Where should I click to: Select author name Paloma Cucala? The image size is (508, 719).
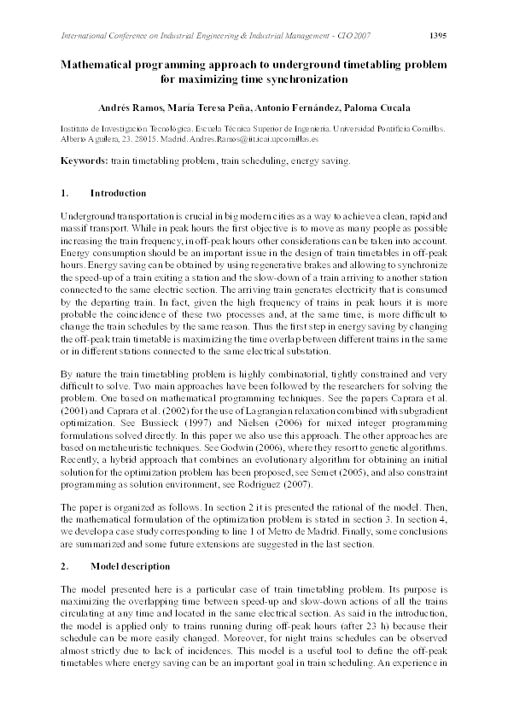coord(370,108)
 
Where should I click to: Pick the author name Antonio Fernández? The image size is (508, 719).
coord(290,108)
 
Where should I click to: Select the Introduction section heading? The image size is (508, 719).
coord(118,193)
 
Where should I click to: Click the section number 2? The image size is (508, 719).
coord(64,566)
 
